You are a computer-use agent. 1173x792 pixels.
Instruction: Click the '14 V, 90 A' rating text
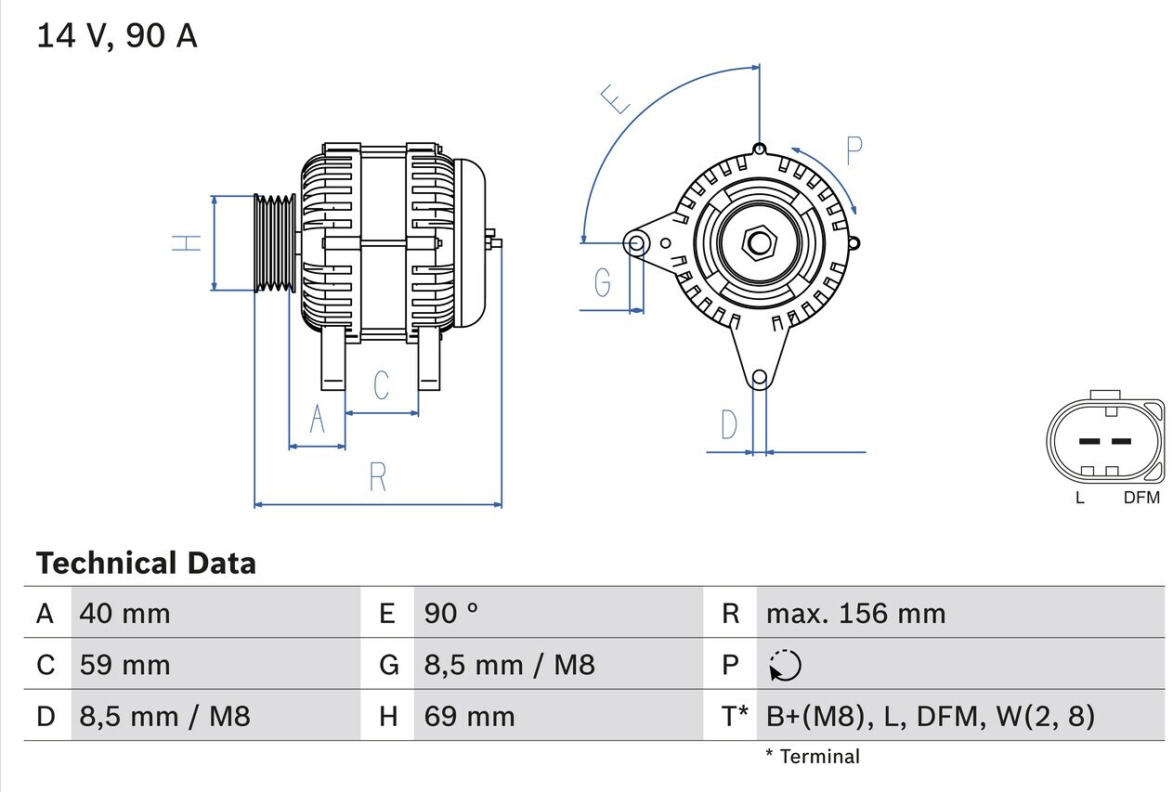[x=117, y=36]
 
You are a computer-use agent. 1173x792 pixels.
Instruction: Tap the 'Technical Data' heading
[x=146, y=563]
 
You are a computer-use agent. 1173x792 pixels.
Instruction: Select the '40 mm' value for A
[x=125, y=614]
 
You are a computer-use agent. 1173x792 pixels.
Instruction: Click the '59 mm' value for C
[x=125, y=665]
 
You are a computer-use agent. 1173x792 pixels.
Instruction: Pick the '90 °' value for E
[x=451, y=614]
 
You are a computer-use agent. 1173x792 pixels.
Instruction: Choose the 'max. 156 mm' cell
[x=855, y=614]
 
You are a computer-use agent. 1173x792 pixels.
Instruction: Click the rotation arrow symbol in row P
[x=785, y=666]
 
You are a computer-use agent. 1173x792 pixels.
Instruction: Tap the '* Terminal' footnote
[x=813, y=757]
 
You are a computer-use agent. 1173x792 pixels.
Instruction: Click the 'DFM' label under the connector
[x=1141, y=498]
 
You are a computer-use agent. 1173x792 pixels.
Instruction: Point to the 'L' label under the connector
[x=1079, y=498]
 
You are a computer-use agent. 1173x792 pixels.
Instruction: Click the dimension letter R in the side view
[x=377, y=477]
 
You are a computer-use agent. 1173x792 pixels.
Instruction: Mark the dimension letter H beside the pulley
[x=187, y=243]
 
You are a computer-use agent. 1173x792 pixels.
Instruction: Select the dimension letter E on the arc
[x=617, y=97]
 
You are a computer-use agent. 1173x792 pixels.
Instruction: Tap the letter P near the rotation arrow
[x=854, y=150]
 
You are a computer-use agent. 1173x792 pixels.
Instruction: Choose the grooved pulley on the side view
[x=275, y=243]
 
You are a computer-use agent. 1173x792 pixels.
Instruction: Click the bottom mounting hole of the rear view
[x=760, y=377]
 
